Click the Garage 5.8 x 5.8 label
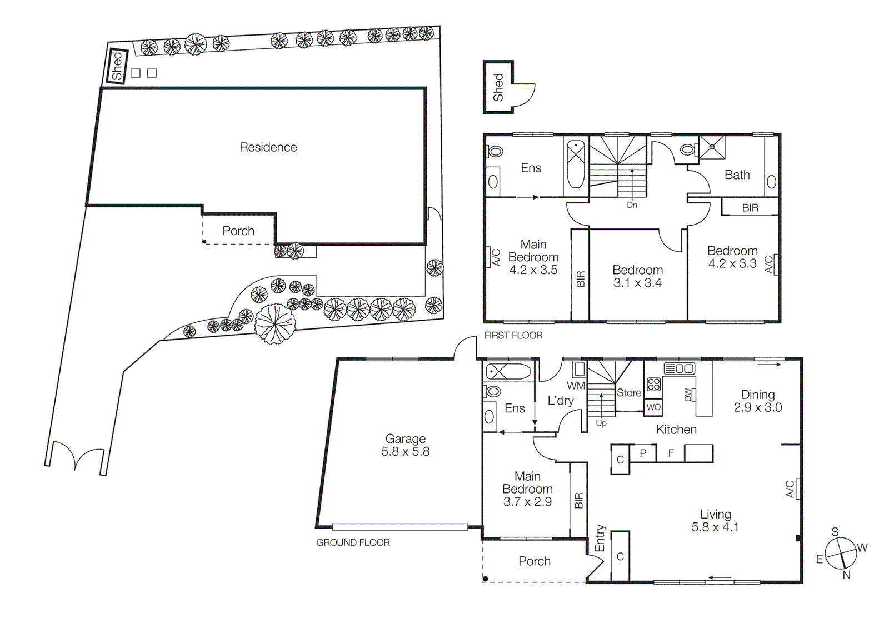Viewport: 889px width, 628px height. coord(405,445)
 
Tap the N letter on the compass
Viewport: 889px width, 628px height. coord(846,575)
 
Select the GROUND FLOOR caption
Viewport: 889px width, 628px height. coord(353,542)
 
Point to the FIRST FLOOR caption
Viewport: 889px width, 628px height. coord(513,335)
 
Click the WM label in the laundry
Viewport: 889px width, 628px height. coord(576,385)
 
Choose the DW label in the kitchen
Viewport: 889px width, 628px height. coord(688,395)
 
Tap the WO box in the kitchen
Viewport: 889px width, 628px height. coord(653,407)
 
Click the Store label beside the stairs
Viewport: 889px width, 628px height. coord(629,392)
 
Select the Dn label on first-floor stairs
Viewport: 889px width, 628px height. coord(632,205)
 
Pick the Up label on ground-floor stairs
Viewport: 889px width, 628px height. coord(601,423)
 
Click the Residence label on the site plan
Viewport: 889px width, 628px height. coord(268,147)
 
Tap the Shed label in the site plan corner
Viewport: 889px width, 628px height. coord(117,67)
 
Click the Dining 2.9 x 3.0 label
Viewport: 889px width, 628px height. coord(757,401)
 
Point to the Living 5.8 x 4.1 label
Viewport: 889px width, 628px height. coord(715,520)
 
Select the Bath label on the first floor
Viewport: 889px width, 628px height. coord(737,175)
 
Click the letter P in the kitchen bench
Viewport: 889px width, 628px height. coord(643,453)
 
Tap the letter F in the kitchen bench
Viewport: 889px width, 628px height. coord(671,453)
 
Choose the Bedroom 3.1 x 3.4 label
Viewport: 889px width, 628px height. coord(637,276)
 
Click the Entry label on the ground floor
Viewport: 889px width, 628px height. coord(600,538)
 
